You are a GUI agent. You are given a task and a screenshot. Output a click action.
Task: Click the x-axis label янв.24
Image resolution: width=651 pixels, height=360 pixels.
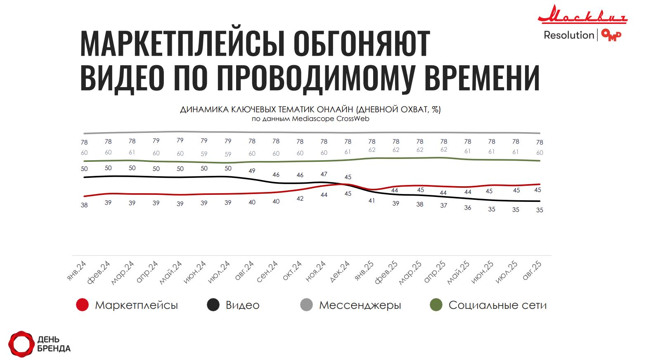click(x=77, y=271)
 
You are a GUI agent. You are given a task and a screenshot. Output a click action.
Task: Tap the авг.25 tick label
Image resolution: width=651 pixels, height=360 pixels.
click(x=532, y=271)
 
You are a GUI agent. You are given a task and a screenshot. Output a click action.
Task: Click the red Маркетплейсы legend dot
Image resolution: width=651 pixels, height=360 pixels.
click(x=83, y=305)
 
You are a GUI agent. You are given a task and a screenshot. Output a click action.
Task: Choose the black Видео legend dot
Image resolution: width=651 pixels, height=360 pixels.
click(x=213, y=305)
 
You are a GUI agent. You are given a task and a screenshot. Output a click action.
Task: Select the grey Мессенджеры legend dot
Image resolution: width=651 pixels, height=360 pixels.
click(x=306, y=305)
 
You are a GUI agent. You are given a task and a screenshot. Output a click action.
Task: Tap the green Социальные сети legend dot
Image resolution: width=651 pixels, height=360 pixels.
click(x=436, y=305)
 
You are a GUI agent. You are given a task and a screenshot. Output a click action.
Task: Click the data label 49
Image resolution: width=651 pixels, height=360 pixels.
click(x=252, y=171)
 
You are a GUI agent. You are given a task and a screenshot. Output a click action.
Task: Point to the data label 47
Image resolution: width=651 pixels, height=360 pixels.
click(x=324, y=174)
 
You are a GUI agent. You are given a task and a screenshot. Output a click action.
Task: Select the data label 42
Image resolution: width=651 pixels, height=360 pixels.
click(x=300, y=199)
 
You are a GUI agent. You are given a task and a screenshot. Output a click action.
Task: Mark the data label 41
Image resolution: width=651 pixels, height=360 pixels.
click(x=372, y=201)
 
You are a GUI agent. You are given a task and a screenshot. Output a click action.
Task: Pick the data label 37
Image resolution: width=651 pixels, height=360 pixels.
click(x=444, y=205)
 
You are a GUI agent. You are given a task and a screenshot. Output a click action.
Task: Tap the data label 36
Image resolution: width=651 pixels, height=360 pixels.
click(x=468, y=208)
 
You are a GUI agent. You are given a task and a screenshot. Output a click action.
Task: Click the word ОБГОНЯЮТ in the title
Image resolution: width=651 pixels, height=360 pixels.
click(x=362, y=43)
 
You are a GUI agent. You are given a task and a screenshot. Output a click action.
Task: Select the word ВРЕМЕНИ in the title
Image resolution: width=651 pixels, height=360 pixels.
click(x=482, y=77)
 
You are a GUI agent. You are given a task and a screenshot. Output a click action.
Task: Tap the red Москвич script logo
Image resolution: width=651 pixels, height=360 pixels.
click(x=582, y=15)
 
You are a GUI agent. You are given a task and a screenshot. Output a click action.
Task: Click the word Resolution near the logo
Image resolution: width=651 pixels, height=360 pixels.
click(x=568, y=36)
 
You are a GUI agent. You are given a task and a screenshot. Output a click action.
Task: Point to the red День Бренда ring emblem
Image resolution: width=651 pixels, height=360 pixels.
click(x=21, y=343)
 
